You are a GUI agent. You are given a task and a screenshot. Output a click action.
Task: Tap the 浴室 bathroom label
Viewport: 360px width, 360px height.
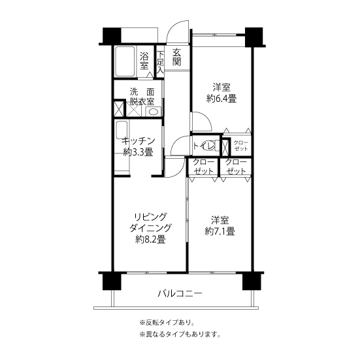[x=144, y=61]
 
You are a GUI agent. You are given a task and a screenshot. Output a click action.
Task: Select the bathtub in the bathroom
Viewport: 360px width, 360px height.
[x=125, y=61]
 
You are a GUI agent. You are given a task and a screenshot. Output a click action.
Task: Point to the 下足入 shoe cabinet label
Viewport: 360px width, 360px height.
[x=161, y=62]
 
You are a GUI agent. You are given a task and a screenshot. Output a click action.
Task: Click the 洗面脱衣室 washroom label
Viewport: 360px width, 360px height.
[x=142, y=97]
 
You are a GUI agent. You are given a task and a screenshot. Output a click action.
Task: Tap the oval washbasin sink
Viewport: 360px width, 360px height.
[x=153, y=112]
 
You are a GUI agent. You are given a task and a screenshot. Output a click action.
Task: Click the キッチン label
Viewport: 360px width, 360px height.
[x=139, y=140]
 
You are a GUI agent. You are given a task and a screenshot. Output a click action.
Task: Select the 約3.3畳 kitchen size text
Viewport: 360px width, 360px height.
[x=139, y=152]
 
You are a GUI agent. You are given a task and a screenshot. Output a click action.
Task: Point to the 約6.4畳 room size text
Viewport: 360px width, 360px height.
[x=221, y=99]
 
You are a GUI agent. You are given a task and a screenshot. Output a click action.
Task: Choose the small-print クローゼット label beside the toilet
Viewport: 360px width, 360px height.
[x=241, y=146]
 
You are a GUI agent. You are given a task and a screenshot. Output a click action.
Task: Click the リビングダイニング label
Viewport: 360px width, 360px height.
[x=150, y=222]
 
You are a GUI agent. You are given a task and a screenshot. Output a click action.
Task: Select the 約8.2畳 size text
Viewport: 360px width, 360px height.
[x=150, y=240]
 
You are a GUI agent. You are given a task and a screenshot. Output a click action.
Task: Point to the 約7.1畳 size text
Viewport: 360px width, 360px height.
[x=220, y=231]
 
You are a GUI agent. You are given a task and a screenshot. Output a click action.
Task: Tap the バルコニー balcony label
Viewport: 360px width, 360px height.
[x=180, y=293]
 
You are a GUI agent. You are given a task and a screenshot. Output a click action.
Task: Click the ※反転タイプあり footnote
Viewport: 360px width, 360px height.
[x=167, y=323]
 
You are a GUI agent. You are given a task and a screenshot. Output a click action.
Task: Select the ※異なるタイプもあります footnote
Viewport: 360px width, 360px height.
[x=180, y=335]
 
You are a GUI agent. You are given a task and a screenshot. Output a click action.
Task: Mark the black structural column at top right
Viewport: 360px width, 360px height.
[x=254, y=37]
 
